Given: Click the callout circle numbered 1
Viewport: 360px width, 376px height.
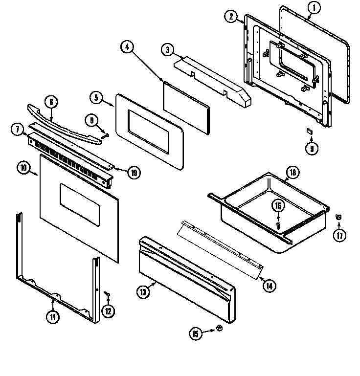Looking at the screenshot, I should pyautogui.click(x=314, y=7).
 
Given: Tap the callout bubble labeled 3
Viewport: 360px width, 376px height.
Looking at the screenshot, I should pyautogui.click(x=168, y=49).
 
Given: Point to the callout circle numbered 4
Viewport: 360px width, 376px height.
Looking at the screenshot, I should pyautogui.click(x=127, y=47).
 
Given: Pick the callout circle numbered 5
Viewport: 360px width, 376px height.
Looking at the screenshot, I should pyautogui.click(x=97, y=97).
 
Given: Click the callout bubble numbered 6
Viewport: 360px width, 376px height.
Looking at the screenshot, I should pyautogui.click(x=51, y=102).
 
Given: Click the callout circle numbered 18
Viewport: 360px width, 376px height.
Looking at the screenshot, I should pyautogui.click(x=292, y=172).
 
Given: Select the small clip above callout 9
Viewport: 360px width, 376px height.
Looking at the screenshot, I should pyautogui.click(x=309, y=130).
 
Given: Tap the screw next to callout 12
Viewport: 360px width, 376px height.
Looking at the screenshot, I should pyautogui.click(x=108, y=294).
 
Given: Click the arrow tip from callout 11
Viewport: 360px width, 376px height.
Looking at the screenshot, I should pyautogui.click(x=52, y=298).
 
